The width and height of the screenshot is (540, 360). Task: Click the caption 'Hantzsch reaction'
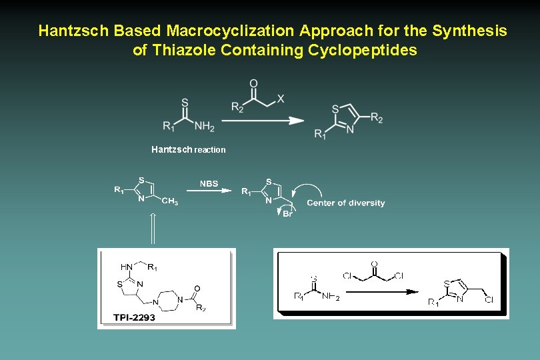click(x=188, y=149)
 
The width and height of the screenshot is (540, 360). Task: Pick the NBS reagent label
click(x=209, y=183)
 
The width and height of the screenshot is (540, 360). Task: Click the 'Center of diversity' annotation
click(x=345, y=203)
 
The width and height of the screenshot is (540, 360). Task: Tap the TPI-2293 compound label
click(x=134, y=317)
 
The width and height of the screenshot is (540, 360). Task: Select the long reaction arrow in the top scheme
click(x=262, y=121)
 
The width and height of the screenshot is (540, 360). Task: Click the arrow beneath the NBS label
click(x=209, y=191)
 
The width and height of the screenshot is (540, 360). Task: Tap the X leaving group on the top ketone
click(x=281, y=99)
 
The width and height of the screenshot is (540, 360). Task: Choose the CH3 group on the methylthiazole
click(x=169, y=201)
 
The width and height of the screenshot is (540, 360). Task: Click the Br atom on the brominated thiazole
click(x=288, y=213)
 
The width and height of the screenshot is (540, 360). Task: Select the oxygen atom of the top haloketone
click(x=253, y=83)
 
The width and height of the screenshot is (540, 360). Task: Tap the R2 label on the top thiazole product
click(x=377, y=119)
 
